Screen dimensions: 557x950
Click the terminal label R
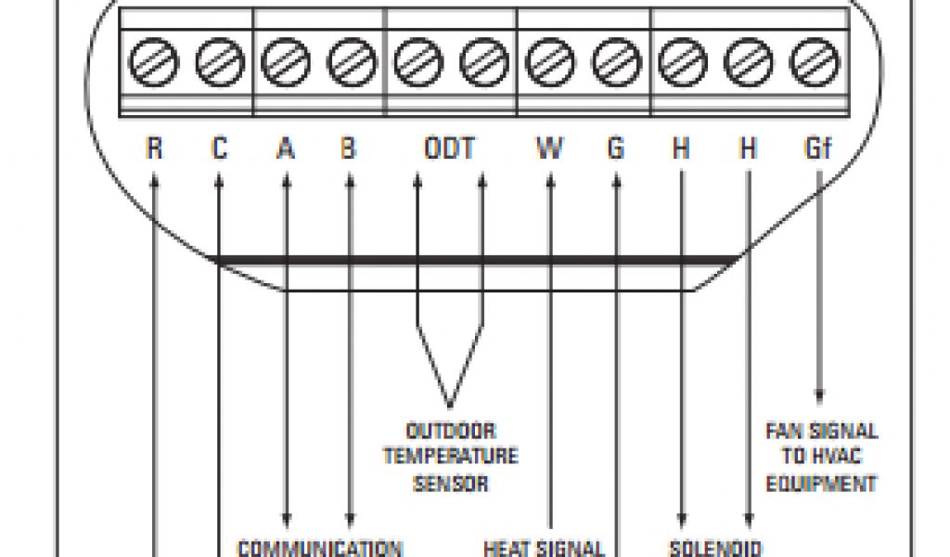point(154,149)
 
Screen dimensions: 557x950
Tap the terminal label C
point(219,149)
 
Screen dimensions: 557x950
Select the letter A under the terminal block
point(286,149)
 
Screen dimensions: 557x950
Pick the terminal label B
point(349,149)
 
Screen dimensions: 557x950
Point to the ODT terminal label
point(449,149)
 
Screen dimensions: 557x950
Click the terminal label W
point(549,149)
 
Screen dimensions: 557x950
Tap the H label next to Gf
point(748,149)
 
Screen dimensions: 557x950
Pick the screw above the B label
point(351,64)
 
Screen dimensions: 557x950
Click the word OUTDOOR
point(451,432)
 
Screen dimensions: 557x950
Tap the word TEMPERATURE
point(451,457)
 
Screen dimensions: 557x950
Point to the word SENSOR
point(451,483)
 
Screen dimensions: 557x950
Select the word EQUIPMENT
point(821,483)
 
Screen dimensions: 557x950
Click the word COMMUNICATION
point(320,548)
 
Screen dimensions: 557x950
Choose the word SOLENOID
point(715,548)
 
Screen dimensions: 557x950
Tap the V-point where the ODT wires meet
point(450,405)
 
